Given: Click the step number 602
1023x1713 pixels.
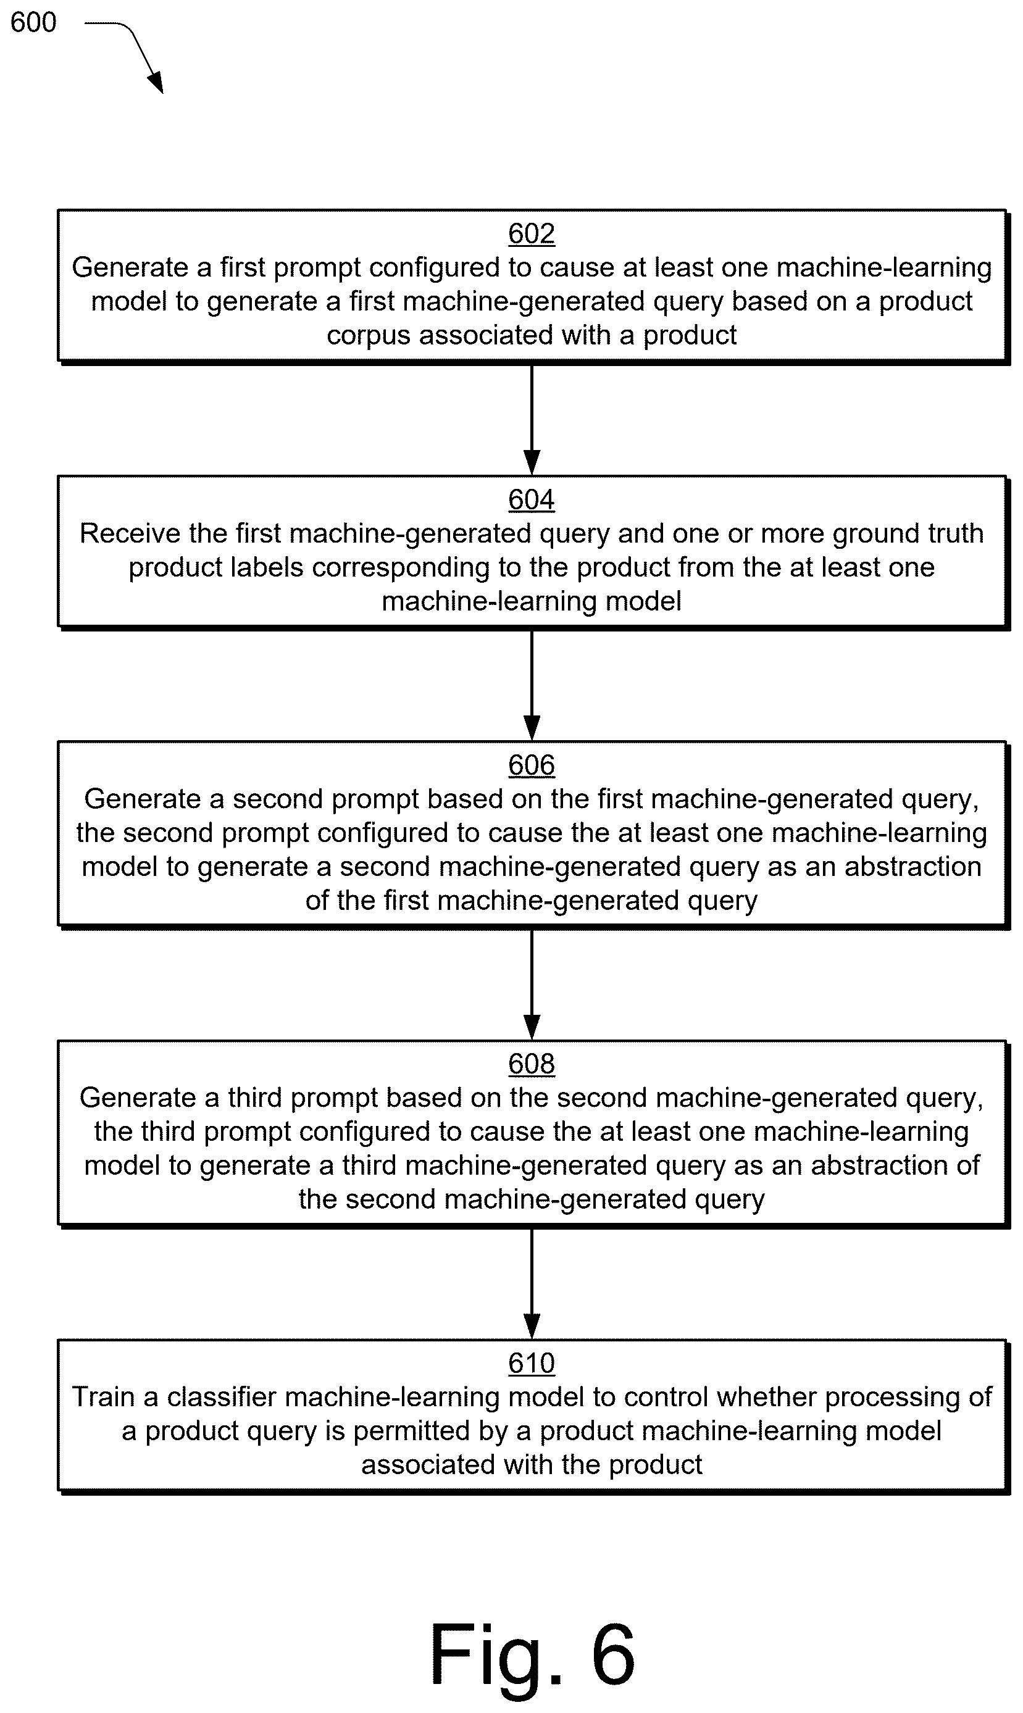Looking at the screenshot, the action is (x=532, y=233).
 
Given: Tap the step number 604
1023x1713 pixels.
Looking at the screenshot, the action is (x=532, y=499).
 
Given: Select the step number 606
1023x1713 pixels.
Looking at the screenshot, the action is (x=532, y=765).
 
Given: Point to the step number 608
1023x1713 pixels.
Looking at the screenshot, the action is (x=532, y=1064).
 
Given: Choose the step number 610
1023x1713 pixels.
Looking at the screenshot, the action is (x=532, y=1363).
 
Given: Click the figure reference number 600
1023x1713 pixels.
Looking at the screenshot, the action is (x=33, y=23).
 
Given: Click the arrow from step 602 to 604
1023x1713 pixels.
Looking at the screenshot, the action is (x=532, y=419).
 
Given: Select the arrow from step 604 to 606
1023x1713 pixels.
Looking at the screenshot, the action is (x=532, y=685).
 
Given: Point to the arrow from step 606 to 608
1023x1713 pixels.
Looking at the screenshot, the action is (x=532, y=984).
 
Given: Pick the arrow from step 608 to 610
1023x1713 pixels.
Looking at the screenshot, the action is (x=532, y=1283).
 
